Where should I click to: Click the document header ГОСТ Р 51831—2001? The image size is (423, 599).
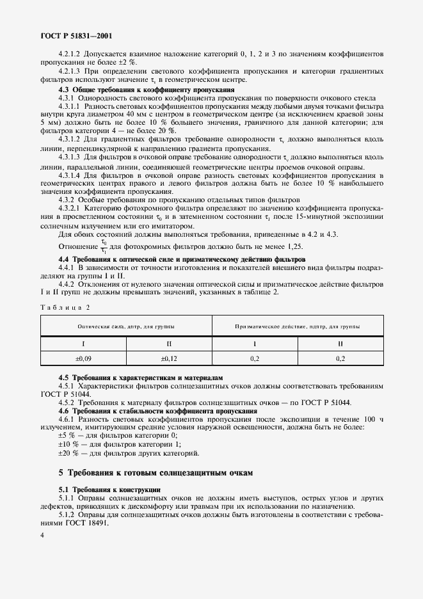tap(71, 36)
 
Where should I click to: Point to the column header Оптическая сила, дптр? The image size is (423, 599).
tap(126, 326)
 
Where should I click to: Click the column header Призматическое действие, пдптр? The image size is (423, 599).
tap(297, 326)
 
